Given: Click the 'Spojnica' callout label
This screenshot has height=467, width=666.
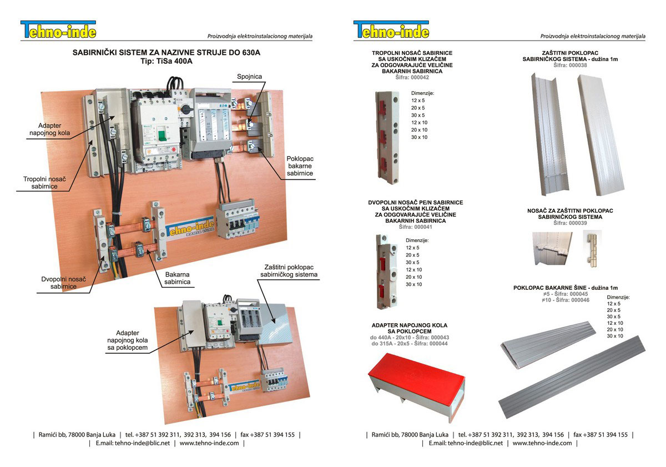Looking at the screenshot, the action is click(x=249, y=77).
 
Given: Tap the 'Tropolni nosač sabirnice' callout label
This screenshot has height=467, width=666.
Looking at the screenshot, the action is click(x=44, y=183).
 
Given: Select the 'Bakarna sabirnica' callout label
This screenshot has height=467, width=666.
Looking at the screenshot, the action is click(x=177, y=278).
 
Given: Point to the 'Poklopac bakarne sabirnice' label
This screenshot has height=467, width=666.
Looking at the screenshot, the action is click(x=300, y=166).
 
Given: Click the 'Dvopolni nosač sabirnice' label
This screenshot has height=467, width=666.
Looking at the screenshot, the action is click(x=63, y=283).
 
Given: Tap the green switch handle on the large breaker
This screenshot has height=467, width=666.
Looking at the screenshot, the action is click(x=162, y=135).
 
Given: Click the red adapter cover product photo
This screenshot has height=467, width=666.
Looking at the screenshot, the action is click(x=416, y=386).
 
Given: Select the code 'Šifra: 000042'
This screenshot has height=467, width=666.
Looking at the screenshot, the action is click(x=412, y=77).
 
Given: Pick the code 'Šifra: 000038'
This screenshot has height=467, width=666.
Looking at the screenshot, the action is click(x=570, y=65).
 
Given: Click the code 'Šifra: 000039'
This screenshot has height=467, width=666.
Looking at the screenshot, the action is click(x=570, y=223).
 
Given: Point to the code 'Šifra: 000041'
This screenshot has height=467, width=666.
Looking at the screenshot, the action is click(x=415, y=227).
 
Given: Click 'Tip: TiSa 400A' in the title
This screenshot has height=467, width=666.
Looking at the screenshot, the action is click(x=167, y=61).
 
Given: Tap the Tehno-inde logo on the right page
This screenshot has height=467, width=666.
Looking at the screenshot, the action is click(x=391, y=30).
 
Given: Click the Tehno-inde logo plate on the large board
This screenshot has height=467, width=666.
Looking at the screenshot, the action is click(x=190, y=229).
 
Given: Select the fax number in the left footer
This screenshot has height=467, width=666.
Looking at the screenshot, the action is click(x=268, y=435).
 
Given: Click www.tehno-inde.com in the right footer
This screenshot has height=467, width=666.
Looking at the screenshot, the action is click(x=542, y=443).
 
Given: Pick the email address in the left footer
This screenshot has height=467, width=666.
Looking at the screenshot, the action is click(x=133, y=443).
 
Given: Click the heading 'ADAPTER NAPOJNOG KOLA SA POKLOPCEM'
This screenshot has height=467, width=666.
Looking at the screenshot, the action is click(x=410, y=328).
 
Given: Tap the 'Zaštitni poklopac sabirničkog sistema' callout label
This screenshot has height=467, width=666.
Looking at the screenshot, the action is click(x=289, y=270).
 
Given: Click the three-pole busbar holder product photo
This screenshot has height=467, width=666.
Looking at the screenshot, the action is click(x=387, y=137).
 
